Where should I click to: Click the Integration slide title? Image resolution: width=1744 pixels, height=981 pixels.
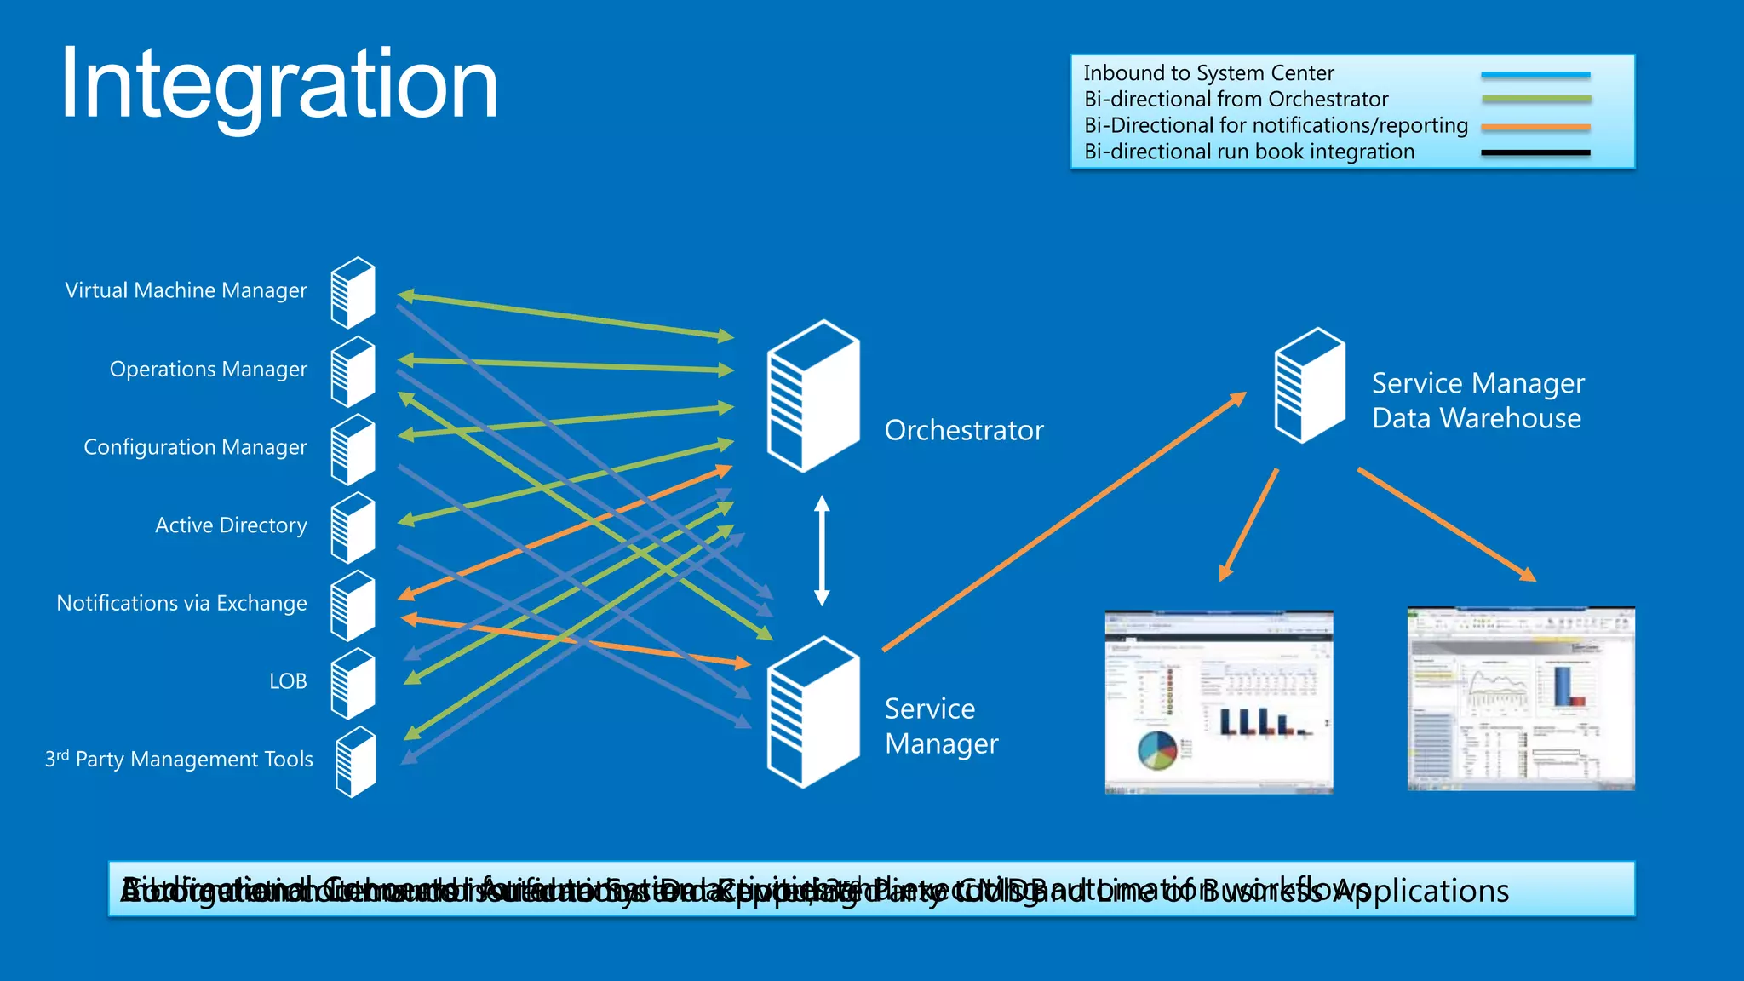(x=278, y=85)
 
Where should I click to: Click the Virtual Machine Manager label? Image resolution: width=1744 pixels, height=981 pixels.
(x=186, y=290)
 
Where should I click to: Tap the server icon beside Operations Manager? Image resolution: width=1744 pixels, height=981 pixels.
(x=353, y=372)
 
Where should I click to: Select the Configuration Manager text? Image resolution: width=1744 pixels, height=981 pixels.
(x=195, y=447)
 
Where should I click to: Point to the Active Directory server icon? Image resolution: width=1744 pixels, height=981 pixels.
(x=353, y=528)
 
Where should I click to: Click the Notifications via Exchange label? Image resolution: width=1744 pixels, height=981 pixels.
(x=181, y=603)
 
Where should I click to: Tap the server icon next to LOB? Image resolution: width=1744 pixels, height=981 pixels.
(x=353, y=684)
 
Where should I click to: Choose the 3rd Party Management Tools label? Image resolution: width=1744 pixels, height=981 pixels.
(x=179, y=759)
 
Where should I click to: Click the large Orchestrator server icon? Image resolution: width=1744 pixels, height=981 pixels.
(x=812, y=396)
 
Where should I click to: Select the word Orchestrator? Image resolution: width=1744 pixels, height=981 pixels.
(x=964, y=430)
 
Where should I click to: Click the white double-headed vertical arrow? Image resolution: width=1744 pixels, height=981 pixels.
(x=822, y=551)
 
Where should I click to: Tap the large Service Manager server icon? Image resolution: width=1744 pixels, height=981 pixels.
(x=812, y=712)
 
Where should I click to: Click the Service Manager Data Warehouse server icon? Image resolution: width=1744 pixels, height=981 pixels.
(x=1310, y=386)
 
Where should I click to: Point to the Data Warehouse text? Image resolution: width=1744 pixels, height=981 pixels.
(x=1477, y=418)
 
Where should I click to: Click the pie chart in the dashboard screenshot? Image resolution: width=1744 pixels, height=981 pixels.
(x=1156, y=749)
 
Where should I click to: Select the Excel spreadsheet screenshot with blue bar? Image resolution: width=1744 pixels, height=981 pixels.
(x=1521, y=699)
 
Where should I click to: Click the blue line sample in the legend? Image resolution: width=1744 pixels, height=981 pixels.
(x=1535, y=75)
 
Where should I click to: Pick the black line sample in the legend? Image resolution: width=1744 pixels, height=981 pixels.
(x=1535, y=152)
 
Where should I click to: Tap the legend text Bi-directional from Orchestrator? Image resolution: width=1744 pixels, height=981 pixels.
(x=1236, y=100)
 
